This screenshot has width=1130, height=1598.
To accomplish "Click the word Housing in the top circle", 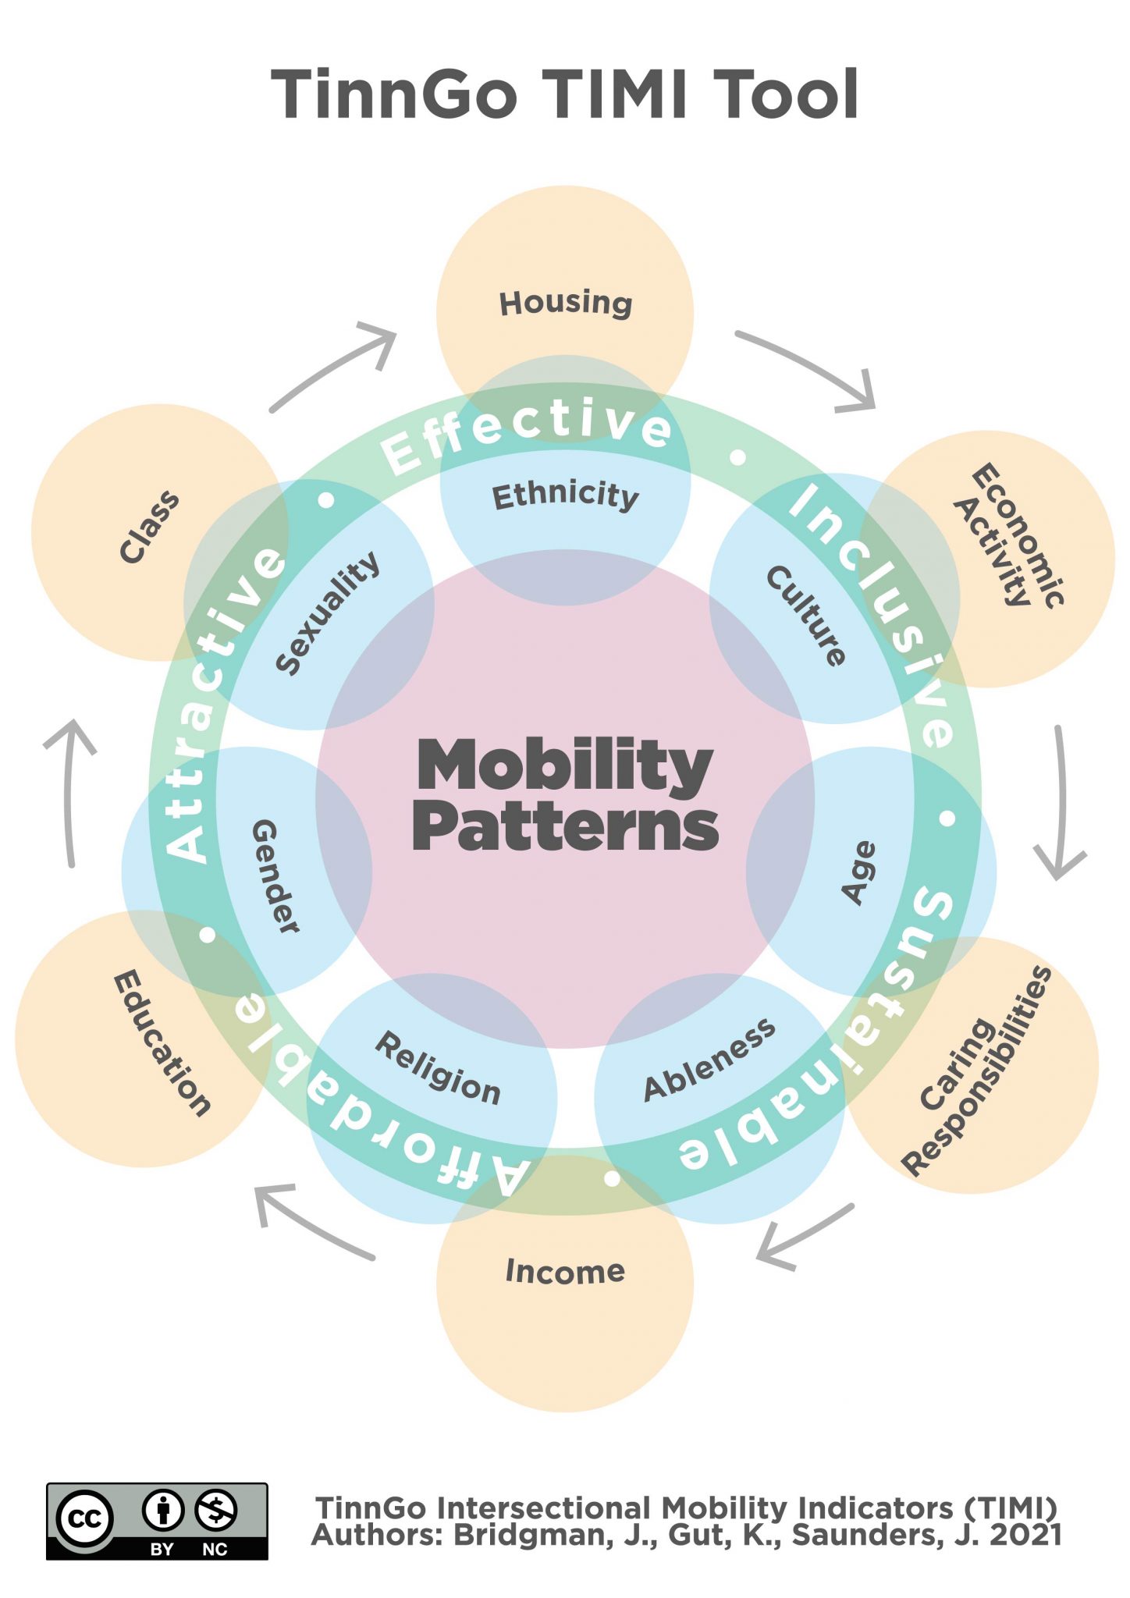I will coord(566,303).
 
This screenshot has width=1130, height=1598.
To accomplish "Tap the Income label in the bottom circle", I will coord(565,1271).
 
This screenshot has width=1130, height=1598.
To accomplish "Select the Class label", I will coord(149,527).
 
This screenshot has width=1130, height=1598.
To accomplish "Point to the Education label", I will coord(162,1043).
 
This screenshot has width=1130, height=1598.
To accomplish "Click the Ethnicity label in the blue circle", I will coord(565,495).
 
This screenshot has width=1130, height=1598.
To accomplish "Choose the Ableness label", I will coord(709,1060).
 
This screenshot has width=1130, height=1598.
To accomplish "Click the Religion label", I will coord(438,1068).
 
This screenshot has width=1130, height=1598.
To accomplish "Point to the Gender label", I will coord(275,875).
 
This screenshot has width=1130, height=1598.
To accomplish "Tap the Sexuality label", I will coord(328,613).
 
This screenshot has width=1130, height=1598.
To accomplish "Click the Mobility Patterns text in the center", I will coord(565,794).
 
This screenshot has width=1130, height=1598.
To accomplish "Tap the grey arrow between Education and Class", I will coord(69,788).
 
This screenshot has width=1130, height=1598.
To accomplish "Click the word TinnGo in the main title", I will coord(394,94).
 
